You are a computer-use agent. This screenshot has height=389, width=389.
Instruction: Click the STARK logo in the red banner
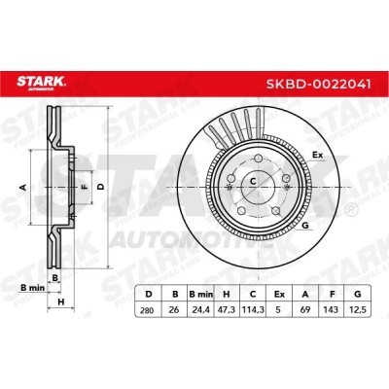pyautogui.click(x=41, y=83)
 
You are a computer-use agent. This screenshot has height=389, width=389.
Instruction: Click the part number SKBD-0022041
pyautogui.click(x=318, y=84)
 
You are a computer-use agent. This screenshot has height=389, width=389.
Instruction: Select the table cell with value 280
pyautogui.click(x=148, y=310)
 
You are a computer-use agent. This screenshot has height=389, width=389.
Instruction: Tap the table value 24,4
pyautogui.click(x=201, y=310)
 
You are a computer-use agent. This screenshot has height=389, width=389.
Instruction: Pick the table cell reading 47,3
pyautogui.click(x=227, y=310)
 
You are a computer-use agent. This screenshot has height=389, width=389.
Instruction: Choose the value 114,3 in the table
pyautogui.click(x=253, y=310)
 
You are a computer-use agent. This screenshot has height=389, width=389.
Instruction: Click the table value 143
pyautogui.click(x=332, y=310)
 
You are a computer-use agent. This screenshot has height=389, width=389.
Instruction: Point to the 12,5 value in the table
pyautogui.click(x=358, y=310)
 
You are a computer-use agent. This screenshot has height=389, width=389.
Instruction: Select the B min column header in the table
pyautogui.click(x=201, y=295)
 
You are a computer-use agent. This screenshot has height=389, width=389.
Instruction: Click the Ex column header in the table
pyautogui.click(x=279, y=295)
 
